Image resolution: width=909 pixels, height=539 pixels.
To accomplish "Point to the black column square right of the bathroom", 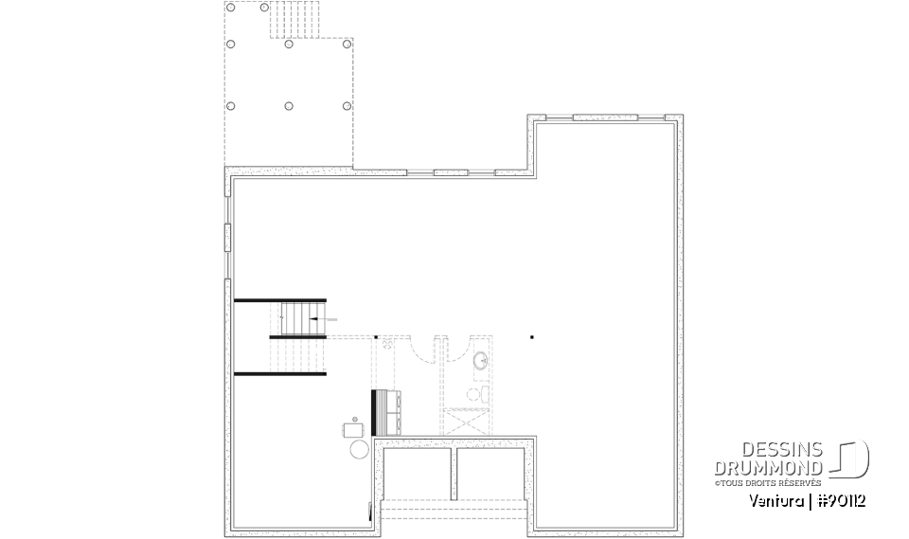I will click(532, 336).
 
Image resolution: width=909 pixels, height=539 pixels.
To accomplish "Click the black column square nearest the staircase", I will click(376, 336).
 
